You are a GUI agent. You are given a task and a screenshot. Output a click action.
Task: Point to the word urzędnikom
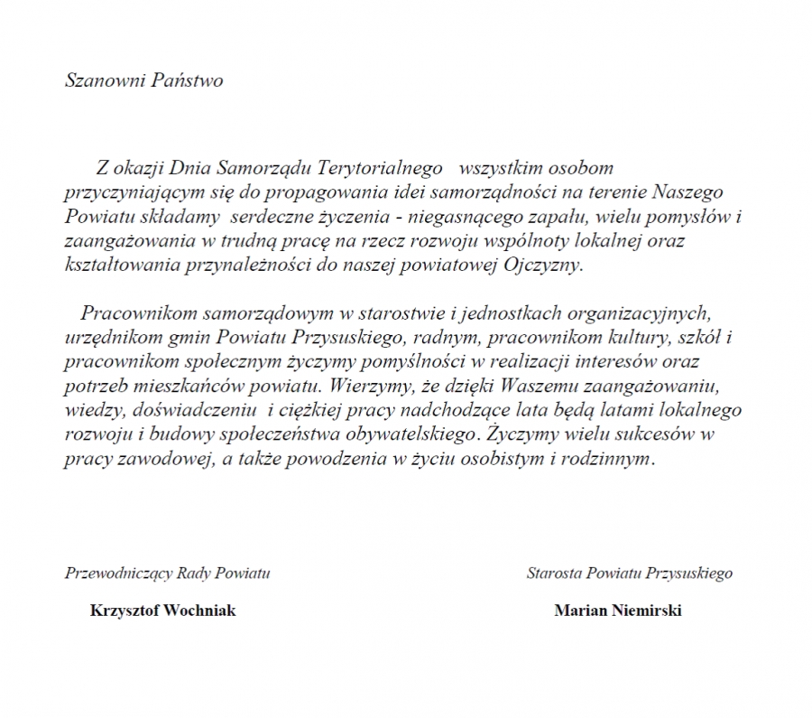point(106,339)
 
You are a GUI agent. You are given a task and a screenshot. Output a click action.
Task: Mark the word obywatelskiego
point(415,434)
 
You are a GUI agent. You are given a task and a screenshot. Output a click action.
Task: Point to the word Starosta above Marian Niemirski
point(554,573)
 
